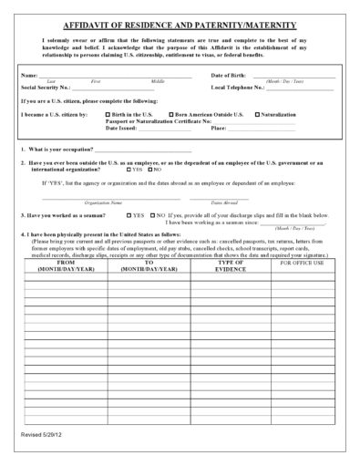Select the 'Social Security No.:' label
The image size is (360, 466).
tap(46, 87)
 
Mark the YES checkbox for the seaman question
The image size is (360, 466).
tap(129, 215)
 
